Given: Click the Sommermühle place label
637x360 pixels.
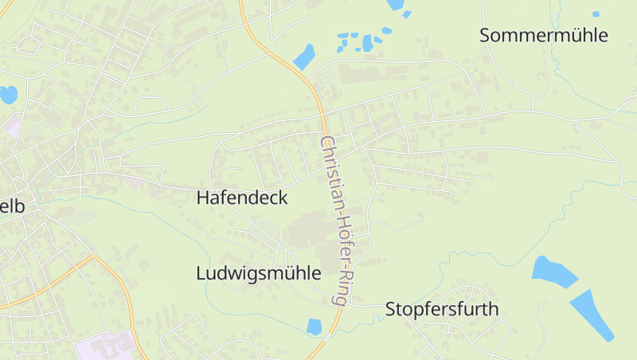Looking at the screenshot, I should point(544,35).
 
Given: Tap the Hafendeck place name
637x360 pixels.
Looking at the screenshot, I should point(241,198).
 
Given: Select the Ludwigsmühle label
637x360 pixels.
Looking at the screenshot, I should point(258,273).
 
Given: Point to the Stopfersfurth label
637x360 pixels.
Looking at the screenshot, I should point(442,309).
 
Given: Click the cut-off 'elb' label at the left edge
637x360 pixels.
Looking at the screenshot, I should point(12,206).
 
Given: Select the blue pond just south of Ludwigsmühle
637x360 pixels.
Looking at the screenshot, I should point(314,327).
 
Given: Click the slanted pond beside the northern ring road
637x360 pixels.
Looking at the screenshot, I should point(303,57).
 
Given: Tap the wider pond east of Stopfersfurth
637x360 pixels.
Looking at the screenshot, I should point(554,272).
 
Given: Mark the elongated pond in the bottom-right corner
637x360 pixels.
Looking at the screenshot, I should point(592,314).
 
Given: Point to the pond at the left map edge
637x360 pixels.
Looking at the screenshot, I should point(7,95).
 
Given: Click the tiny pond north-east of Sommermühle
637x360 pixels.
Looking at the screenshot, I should point(596,14).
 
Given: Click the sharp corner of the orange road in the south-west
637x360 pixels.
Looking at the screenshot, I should point(94,257).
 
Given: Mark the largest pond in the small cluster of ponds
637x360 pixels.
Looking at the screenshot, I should point(367,43).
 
